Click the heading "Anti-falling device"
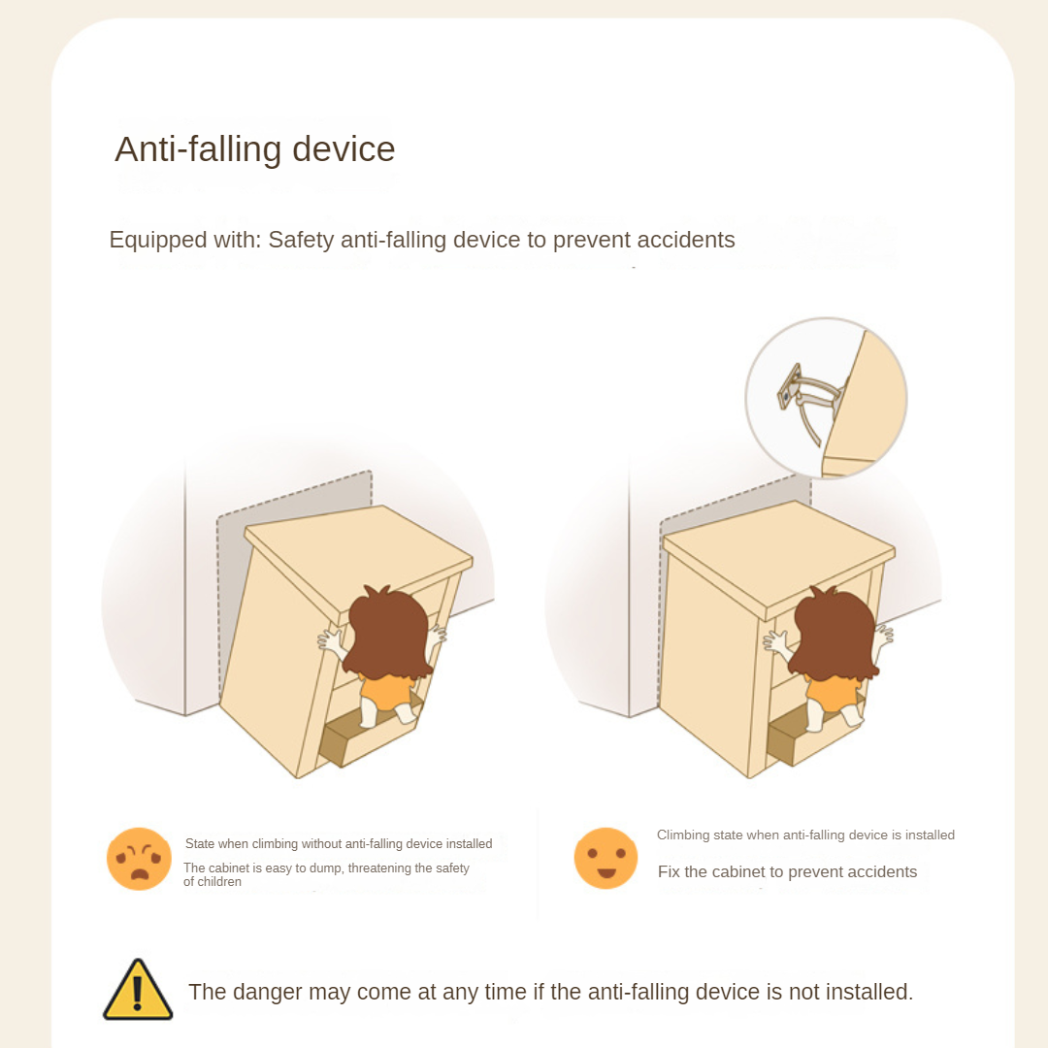pos(254,149)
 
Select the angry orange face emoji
pos(139,859)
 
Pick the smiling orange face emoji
pos(606,858)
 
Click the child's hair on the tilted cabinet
pos(389,631)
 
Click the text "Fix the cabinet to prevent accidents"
pos(787,872)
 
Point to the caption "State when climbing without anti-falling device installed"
pos(339,844)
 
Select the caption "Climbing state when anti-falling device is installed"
pos(805,835)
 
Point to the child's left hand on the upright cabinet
pos(775,641)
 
